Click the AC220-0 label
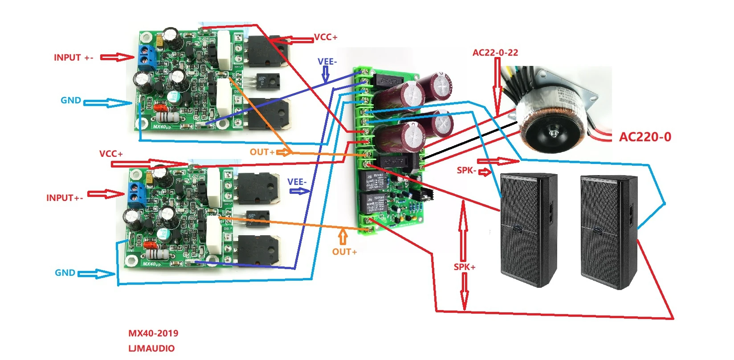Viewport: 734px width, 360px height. click(x=645, y=137)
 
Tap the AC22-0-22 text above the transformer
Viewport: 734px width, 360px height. click(x=495, y=53)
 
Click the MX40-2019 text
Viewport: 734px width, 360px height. click(x=153, y=333)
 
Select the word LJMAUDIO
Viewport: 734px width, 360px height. click(x=151, y=348)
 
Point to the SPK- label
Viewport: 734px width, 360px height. click(x=466, y=171)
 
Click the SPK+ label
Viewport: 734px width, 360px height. click(x=465, y=267)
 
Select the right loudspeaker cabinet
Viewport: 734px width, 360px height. click(x=609, y=232)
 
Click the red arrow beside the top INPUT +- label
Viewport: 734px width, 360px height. click(x=116, y=57)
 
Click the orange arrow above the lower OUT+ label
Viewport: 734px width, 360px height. click(x=343, y=237)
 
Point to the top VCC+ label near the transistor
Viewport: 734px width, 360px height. click(x=326, y=37)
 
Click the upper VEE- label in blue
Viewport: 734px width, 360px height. click(x=327, y=61)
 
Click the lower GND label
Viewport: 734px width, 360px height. click(x=65, y=273)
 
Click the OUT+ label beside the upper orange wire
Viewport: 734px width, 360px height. click(x=262, y=152)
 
